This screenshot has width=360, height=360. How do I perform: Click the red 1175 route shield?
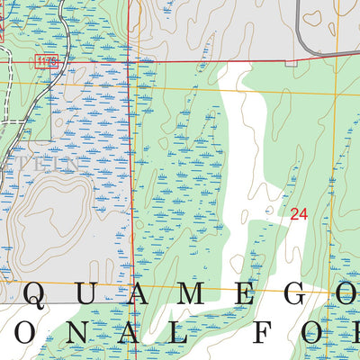point(47,60)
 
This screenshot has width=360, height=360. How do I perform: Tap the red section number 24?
point(299,214)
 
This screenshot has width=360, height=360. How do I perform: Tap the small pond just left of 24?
point(270,211)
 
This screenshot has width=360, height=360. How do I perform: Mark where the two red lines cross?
point(129,61)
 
